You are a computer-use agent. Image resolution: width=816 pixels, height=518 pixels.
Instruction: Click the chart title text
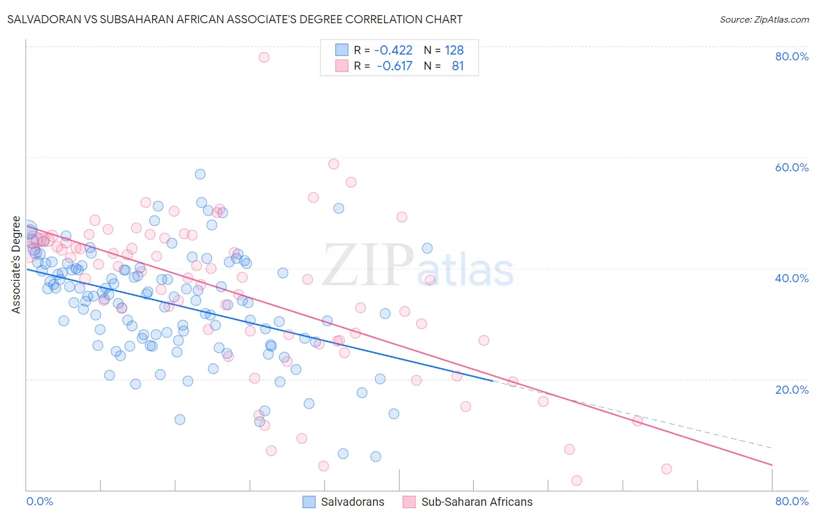click(x=235, y=19)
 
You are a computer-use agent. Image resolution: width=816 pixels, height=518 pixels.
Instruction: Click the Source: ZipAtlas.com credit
click(x=764, y=19)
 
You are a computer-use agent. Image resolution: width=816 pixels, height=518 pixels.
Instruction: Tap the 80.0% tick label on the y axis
click(x=792, y=56)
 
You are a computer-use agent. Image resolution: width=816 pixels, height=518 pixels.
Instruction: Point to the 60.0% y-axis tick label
click(x=792, y=167)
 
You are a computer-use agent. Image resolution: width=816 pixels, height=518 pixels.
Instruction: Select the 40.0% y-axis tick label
click(x=792, y=278)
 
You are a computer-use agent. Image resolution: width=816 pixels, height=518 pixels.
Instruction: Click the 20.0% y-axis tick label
click(x=792, y=389)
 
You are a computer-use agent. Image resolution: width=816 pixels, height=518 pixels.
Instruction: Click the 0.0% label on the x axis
click(x=40, y=501)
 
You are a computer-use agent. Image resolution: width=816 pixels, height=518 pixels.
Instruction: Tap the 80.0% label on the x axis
click(x=792, y=501)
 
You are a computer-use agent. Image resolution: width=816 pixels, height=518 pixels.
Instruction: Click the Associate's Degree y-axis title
click(x=16, y=265)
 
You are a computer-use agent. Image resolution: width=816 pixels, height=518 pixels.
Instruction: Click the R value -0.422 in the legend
click(x=393, y=51)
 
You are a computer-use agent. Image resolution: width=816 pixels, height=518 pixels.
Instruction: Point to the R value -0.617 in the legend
click(x=394, y=66)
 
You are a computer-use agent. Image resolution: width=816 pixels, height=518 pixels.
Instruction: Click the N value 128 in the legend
click(x=454, y=51)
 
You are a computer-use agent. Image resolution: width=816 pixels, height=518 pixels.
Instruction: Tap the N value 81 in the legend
click(x=457, y=66)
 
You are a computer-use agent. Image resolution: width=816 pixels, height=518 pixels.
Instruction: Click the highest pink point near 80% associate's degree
click(x=264, y=57)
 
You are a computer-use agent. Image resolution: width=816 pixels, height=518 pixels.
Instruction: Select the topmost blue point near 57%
click(x=200, y=174)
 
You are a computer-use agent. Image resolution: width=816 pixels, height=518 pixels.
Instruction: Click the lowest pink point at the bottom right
click(x=576, y=480)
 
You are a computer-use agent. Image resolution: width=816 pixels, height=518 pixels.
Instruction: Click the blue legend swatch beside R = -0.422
click(x=342, y=51)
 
